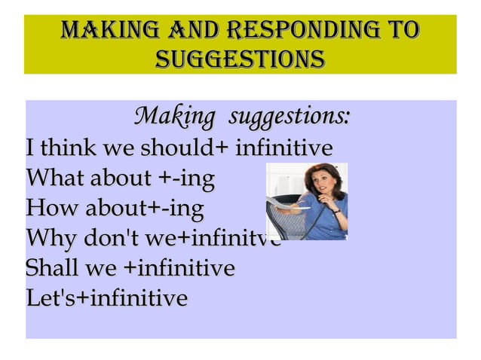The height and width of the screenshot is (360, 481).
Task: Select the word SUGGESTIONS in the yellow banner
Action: coord(240,58)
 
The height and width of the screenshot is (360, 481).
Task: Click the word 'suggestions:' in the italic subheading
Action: coord(289,117)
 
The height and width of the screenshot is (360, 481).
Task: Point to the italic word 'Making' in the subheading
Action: coord(173,117)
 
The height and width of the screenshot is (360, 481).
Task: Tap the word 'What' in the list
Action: coord(55,179)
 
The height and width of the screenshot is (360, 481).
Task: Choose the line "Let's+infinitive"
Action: coord(106,298)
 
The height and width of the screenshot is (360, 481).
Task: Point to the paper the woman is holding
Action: coord(284,202)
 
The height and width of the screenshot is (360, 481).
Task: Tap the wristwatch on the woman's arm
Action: coord(335,212)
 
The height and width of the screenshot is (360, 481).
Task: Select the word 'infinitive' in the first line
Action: coord(284,146)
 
